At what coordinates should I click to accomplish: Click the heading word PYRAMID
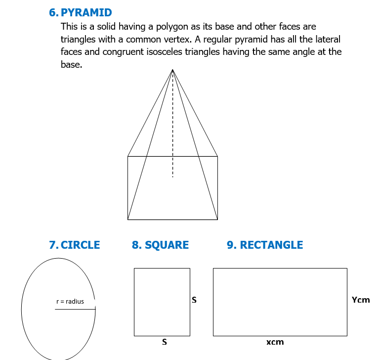[86, 12]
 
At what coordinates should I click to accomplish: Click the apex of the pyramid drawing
[172, 70]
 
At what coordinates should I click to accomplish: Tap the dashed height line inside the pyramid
[172, 124]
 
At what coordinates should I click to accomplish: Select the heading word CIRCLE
[80, 245]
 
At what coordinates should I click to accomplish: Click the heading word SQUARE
[167, 245]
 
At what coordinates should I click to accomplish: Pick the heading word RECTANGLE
[271, 245]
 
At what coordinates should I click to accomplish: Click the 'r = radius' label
[70, 302]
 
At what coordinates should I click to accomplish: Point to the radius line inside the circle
[75, 309]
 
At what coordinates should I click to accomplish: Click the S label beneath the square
[165, 342]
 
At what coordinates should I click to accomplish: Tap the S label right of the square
[194, 300]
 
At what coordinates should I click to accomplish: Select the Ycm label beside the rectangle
[361, 300]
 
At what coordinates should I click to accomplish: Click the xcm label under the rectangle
[275, 342]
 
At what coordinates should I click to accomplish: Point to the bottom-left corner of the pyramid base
[127, 220]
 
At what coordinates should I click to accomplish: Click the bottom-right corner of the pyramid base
[217, 220]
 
